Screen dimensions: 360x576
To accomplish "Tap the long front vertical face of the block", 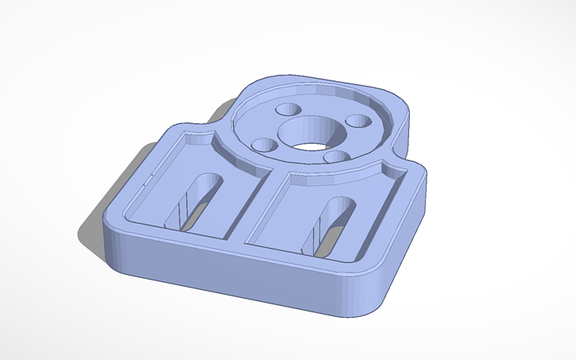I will click(238, 274).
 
